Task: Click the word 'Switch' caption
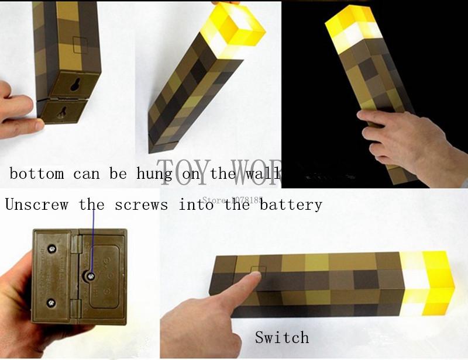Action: pyautogui.click(x=281, y=337)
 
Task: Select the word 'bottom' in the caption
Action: pyautogui.click(x=37, y=174)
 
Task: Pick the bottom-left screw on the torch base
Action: pyautogui.click(x=51, y=302)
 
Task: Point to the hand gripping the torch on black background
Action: pyautogui.click(x=398, y=137)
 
